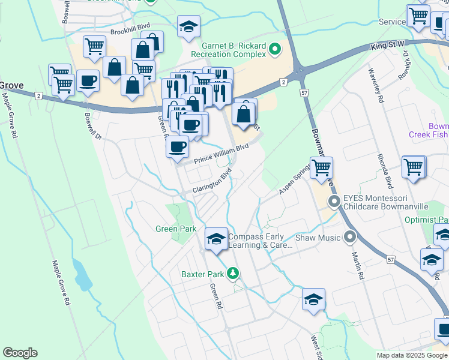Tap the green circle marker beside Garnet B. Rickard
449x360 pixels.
276,49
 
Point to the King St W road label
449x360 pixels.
388,46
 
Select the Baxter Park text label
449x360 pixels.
203,275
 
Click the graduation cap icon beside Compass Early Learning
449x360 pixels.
216,239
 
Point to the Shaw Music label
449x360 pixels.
318,238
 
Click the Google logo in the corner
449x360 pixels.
20,353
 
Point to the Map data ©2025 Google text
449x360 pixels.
412,355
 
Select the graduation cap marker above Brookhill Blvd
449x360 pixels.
188,27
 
